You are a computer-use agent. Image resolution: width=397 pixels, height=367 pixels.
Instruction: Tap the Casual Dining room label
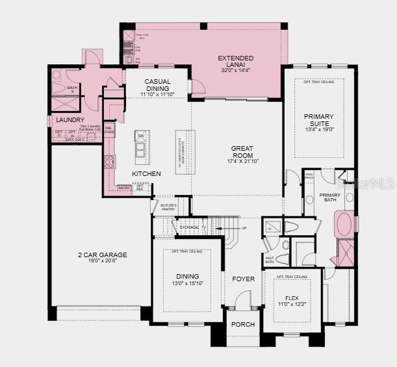pos(157,85)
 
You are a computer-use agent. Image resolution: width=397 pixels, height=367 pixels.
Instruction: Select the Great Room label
pos(242,149)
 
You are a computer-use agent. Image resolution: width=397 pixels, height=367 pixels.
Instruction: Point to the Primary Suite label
pos(318,120)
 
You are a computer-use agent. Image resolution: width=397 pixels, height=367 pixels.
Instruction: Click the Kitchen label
pos(146,174)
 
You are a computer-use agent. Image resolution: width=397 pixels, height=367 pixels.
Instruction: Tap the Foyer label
pos(244,279)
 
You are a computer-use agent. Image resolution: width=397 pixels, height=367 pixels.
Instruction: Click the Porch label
pos(243,324)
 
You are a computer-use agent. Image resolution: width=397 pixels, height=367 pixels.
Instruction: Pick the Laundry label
pos(70,120)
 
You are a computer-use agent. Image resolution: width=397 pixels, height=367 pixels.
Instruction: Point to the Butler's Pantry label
pos(169,209)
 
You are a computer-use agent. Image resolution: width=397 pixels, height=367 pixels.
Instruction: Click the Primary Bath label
pos(329,197)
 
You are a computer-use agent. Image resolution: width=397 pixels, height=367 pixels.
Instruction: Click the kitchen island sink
pos(140,151)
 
